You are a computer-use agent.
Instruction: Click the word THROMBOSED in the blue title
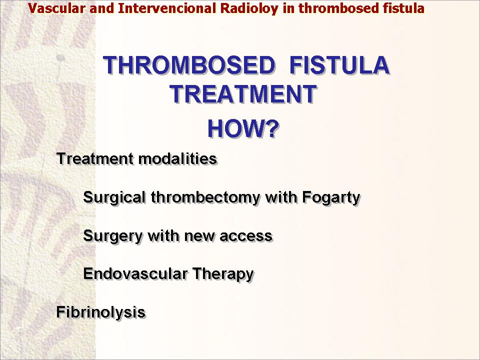[189, 65]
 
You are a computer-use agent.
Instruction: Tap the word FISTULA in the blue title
[339, 65]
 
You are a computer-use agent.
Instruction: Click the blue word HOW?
[243, 128]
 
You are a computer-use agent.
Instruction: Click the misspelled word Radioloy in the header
[249, 8]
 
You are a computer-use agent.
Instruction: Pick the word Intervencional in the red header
[167, 8]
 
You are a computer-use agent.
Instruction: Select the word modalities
[177, 159]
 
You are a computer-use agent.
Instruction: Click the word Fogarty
[331, 198]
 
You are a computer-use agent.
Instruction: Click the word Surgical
[114, 198]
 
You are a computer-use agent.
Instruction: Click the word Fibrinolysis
[100, 312]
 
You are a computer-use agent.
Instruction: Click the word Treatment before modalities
[95, 159]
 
